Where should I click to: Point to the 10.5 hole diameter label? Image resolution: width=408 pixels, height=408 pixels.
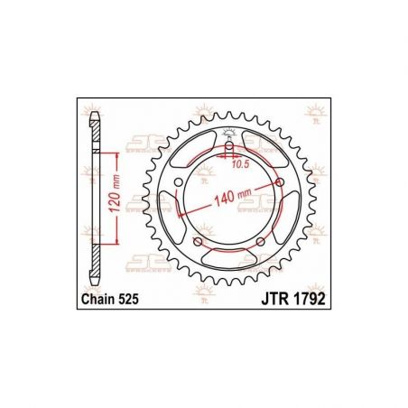[x=238, y=164]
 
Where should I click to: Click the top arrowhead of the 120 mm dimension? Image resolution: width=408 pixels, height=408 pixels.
[x=118, y=155]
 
